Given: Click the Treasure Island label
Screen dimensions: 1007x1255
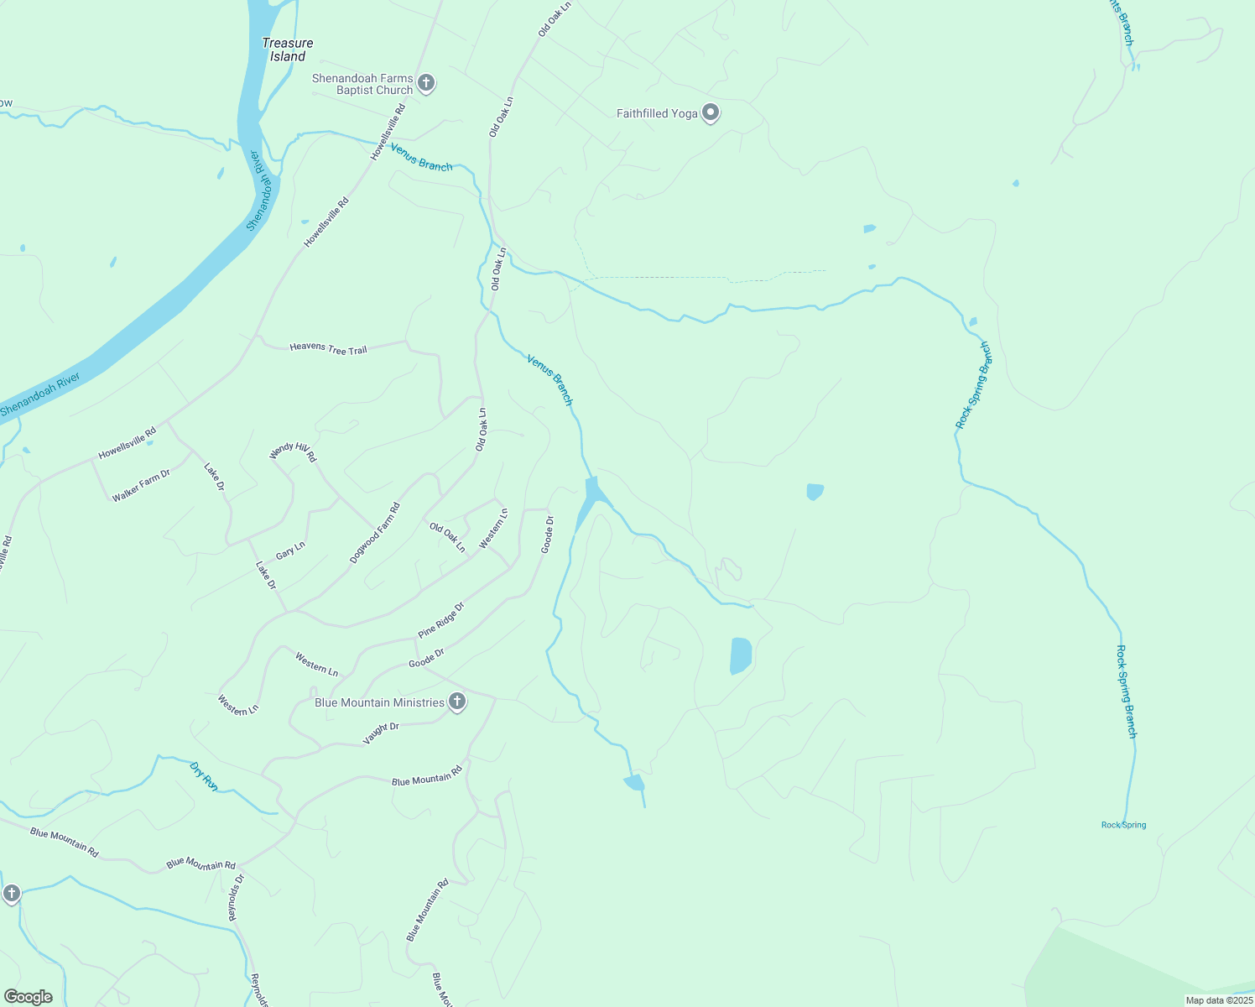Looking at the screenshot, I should pos(287,50).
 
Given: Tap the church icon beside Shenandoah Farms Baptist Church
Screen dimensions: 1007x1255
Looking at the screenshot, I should pos(426,83).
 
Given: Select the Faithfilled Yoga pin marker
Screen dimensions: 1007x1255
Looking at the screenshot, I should pos(711,112).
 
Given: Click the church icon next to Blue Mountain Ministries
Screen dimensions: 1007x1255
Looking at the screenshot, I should pos(457,702).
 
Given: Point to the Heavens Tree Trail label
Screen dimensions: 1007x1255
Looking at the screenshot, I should pos(328,348).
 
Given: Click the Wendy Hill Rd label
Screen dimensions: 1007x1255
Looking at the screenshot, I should pos(293,452).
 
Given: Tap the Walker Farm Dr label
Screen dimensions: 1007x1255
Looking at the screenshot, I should pos(141,486).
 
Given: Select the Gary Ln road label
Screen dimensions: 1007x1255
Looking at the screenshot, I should pos(290,550).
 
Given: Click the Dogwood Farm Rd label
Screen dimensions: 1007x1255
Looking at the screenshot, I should pos(375,533).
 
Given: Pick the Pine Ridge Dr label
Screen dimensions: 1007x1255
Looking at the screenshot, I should pos(440,620).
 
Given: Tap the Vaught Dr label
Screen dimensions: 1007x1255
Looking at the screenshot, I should pos(381,733).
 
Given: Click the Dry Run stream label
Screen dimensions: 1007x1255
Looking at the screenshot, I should pos(204,776).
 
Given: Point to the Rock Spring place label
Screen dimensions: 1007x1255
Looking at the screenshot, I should pos(1123,825).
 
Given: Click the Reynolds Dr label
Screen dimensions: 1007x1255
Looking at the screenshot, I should pos(237,898).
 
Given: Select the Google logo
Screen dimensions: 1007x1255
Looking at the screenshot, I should pos(29,996).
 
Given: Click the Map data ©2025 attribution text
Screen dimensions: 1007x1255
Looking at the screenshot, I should pos(1218,1000).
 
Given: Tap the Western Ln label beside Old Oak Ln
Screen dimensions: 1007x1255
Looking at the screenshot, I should pos(493,530).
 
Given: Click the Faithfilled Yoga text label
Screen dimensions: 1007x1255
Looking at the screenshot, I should pos(657,113).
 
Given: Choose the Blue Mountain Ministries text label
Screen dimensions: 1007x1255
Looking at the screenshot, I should pos(379,702).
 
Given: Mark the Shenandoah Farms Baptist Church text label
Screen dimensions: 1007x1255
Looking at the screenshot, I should pos(362,84).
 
